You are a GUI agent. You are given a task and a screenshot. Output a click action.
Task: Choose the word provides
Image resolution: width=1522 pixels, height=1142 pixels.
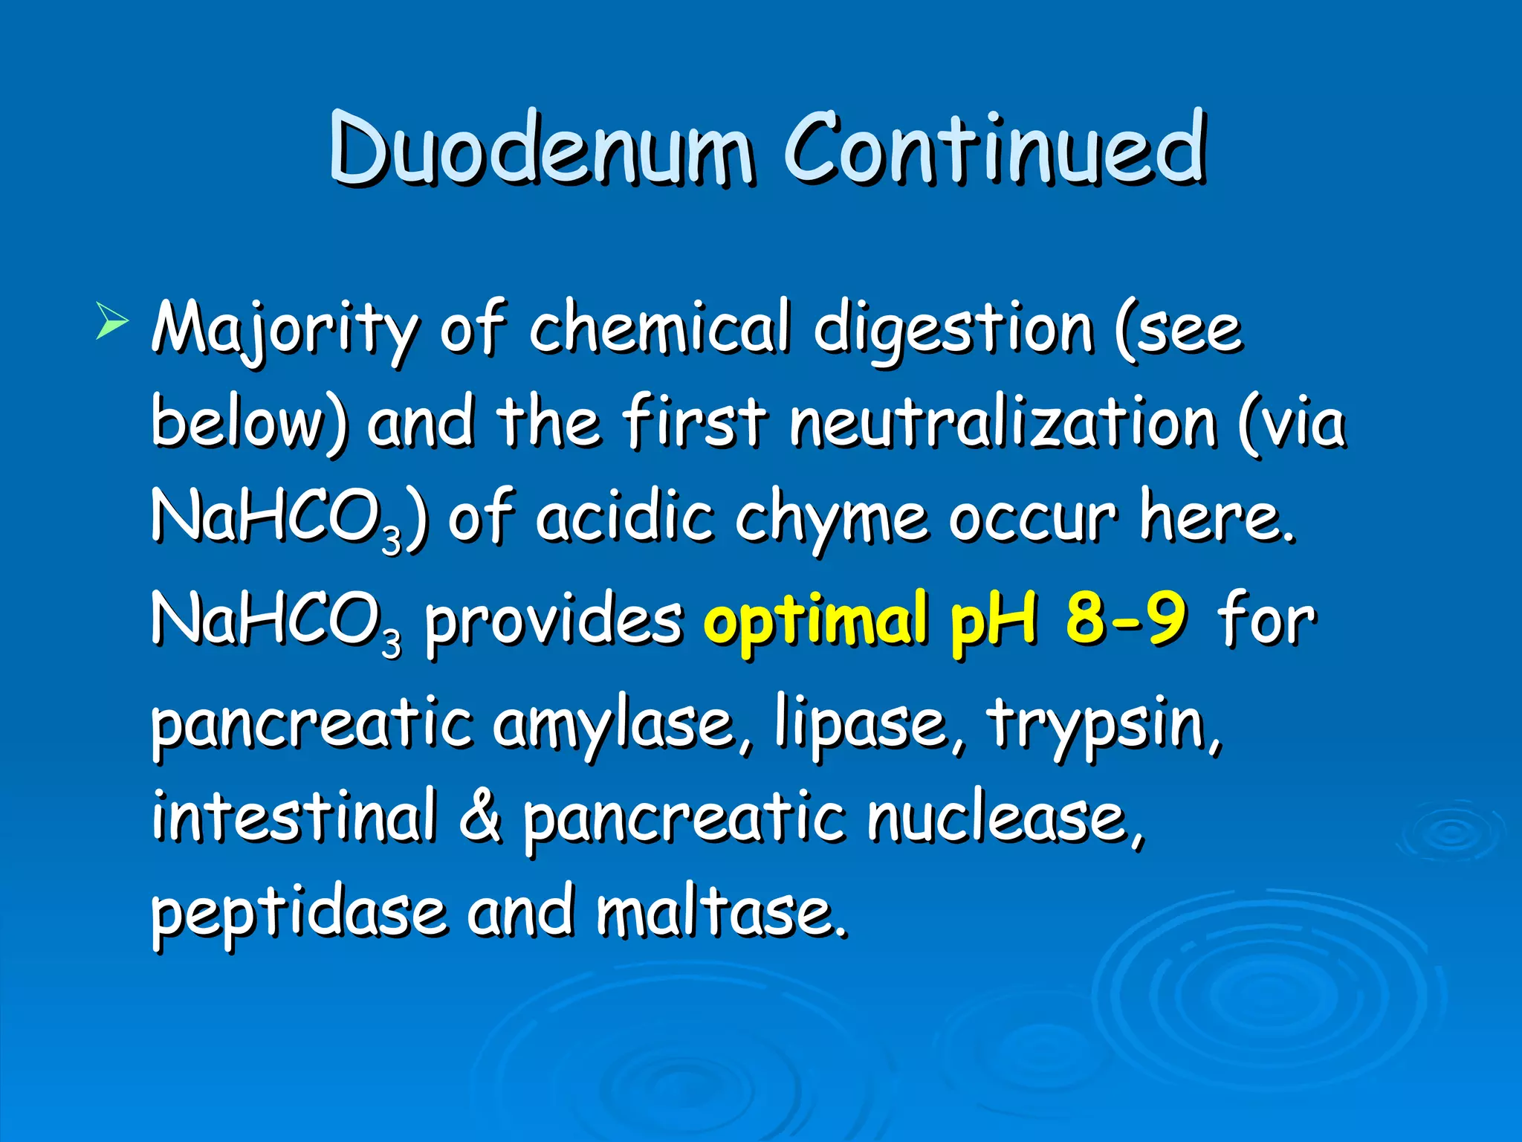coord(553,621)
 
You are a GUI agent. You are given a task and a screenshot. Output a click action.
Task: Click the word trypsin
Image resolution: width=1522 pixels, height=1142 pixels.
coord(1104,725)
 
